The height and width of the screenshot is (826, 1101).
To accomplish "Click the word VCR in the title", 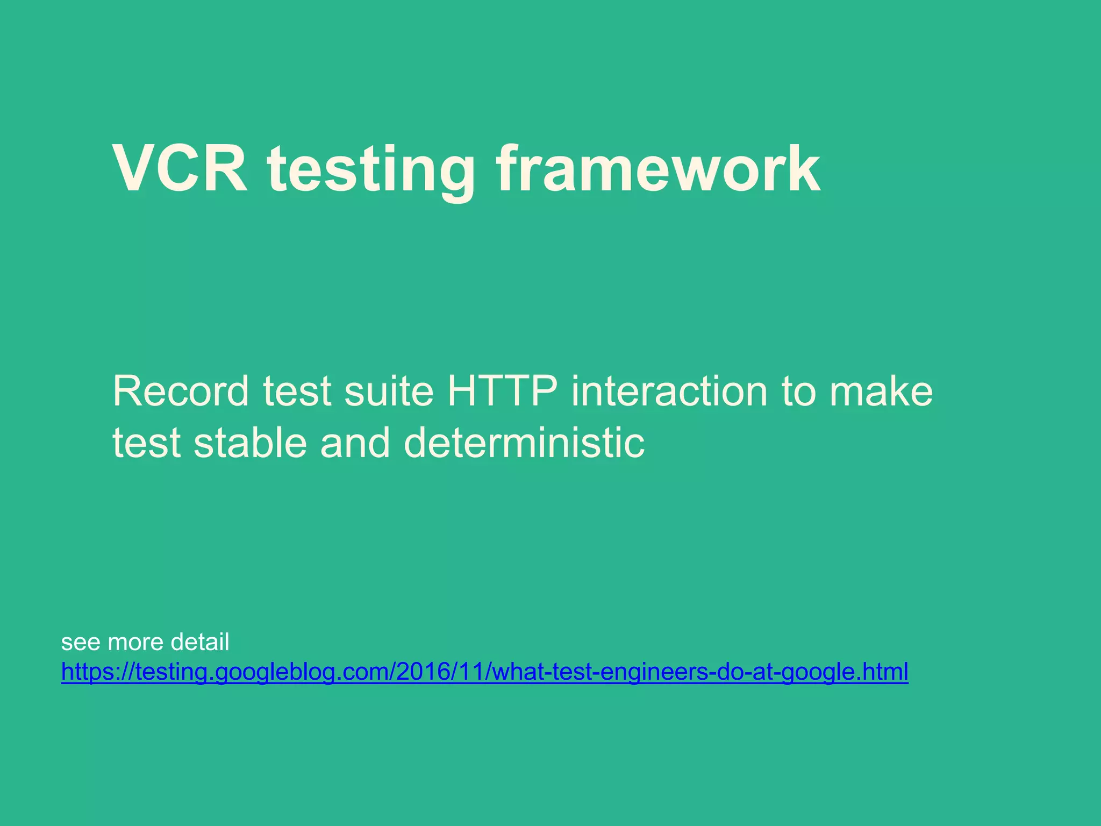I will pos(180,169).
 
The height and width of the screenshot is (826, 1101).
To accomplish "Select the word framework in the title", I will pos(658,169).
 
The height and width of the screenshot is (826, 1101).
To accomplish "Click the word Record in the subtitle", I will pos(181,391).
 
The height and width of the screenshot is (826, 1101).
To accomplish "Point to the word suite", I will pos(389,391).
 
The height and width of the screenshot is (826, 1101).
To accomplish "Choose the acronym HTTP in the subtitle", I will pos(502,391).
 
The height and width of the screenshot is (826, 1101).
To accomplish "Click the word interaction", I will pos(669,391).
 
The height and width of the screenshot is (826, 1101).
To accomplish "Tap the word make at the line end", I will pos(881,391).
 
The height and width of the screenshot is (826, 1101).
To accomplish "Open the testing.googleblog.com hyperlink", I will pos(484,672).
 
